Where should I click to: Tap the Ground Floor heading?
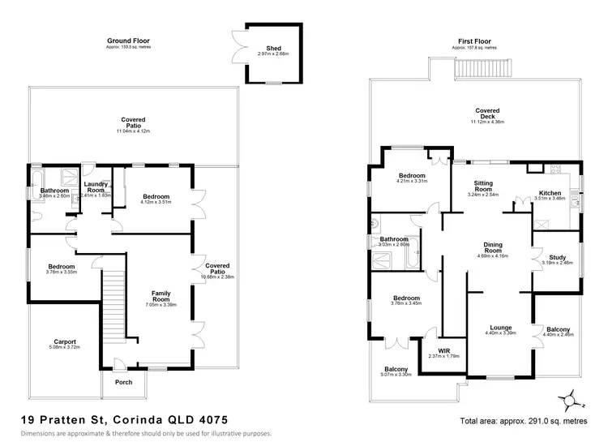pyautogui.click(x=128, y=40)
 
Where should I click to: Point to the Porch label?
pyautogui.click(x=124, y=382)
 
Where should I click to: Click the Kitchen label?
pyautogui.click(x=550, y=192)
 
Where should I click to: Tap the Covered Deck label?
pyautogui.click(x=487, y=113)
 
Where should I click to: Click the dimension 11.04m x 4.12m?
pyautogui.click(x=134, y=130)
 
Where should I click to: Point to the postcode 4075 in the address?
pyautogui.click(x=211, y=419)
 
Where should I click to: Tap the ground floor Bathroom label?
pyautogui.click(x=48, y=191)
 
